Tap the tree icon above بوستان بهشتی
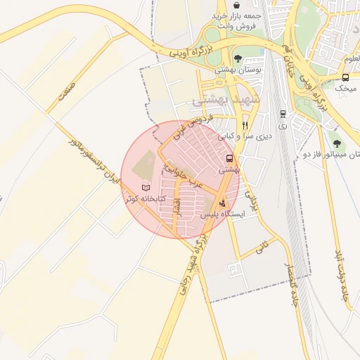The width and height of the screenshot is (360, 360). point(238,58)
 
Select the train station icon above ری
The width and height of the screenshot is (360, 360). point(283,113)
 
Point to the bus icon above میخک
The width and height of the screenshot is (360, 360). point(345,77)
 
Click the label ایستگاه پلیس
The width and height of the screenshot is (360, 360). point(223,214)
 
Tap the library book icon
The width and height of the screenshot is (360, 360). point(146,188)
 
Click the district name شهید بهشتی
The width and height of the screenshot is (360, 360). point(226,101)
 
